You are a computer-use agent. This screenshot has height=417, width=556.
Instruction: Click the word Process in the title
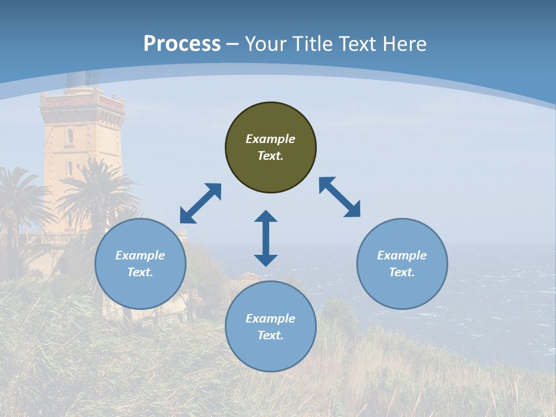tap(182, 44)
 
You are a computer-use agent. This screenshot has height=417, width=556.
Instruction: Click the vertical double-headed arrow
tap(266, 238)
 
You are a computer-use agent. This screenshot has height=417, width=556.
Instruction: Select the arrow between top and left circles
tap(200, 203)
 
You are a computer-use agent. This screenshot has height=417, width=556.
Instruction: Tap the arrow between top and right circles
tap(340, 197)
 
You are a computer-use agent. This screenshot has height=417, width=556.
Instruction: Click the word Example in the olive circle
tap(270, 139)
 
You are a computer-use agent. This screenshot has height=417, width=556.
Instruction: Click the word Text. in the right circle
tap(402, 272)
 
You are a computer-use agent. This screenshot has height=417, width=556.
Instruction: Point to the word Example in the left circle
tap(140, 255)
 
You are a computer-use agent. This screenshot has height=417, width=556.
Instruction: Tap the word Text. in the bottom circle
tap(270, 335)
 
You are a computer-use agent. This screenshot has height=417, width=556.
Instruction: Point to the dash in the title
tap(233, 44)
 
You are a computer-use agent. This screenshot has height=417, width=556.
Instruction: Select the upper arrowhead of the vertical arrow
tap(266, 217)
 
